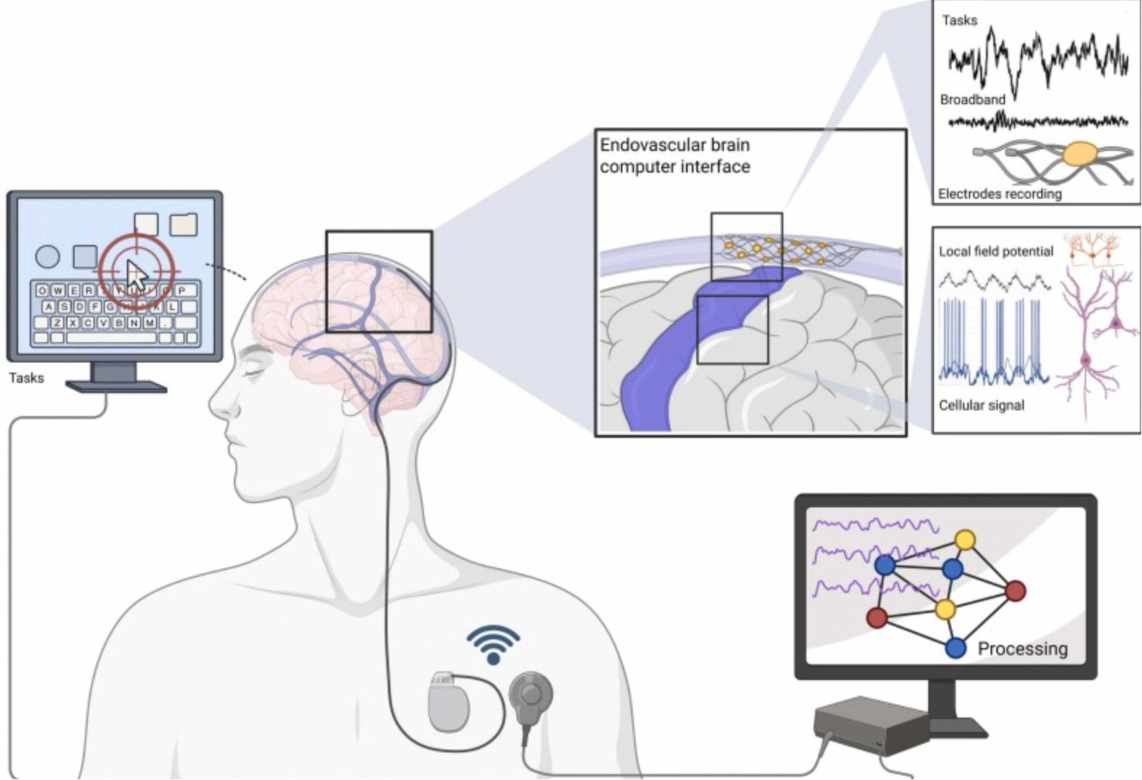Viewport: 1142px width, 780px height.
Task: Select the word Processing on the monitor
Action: click(x=1022, y=648)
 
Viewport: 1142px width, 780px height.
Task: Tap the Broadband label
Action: click(x=972, y=99)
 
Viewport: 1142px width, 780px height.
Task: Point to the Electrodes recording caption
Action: click(x=999, y=194)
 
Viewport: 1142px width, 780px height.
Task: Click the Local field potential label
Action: click(x=996, y=252)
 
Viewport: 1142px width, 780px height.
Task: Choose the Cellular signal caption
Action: click(x=981, y=405)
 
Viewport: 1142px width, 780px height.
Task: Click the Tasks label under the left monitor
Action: click(x=26, y=378)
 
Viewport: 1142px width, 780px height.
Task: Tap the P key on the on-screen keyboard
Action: click(x=182, y=291)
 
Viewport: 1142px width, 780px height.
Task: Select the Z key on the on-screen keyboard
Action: click(x=57, y=323)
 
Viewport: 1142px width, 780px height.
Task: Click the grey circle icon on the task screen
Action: click(x=48, y=256)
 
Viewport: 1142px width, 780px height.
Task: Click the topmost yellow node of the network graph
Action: click(x=964, y=540)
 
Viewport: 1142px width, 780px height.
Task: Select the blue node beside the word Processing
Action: click(x=956, y=647)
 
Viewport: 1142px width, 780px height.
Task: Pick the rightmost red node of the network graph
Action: click(x=1016, y=591)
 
